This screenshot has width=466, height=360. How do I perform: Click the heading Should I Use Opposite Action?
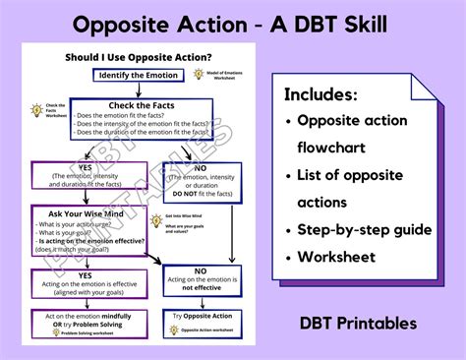pos(139,57)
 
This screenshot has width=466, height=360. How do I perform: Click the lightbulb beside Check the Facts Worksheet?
pos(37,110)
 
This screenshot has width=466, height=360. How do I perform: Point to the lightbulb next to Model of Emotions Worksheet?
pos(200,73)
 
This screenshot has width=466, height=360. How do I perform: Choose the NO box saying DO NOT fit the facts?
pos(201,178)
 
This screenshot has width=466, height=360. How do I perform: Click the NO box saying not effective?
pos(201,281)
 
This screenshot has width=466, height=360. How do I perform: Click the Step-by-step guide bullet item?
pos(363,228)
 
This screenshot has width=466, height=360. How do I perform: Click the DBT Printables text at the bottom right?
pos(360,323)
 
